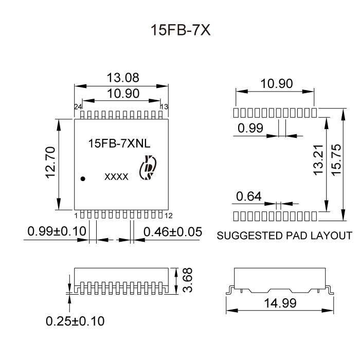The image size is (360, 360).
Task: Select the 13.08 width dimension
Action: [x=122, y=78]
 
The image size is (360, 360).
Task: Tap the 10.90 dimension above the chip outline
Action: [x=122, y=94]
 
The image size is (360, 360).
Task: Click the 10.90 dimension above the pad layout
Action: [x=275, y=83]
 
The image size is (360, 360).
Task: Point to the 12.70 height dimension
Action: [x=50, y=163]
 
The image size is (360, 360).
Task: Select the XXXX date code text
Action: [x=116, y=176]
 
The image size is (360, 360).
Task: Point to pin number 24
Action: [x=78, y=107]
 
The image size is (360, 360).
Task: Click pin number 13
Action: [x=165, y=107]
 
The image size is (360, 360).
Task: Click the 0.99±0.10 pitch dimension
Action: [x=56, y=231]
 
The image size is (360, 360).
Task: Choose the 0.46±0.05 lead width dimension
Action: [x=173, y=231]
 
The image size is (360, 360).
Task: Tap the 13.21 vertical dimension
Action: [x=318, y=160]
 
